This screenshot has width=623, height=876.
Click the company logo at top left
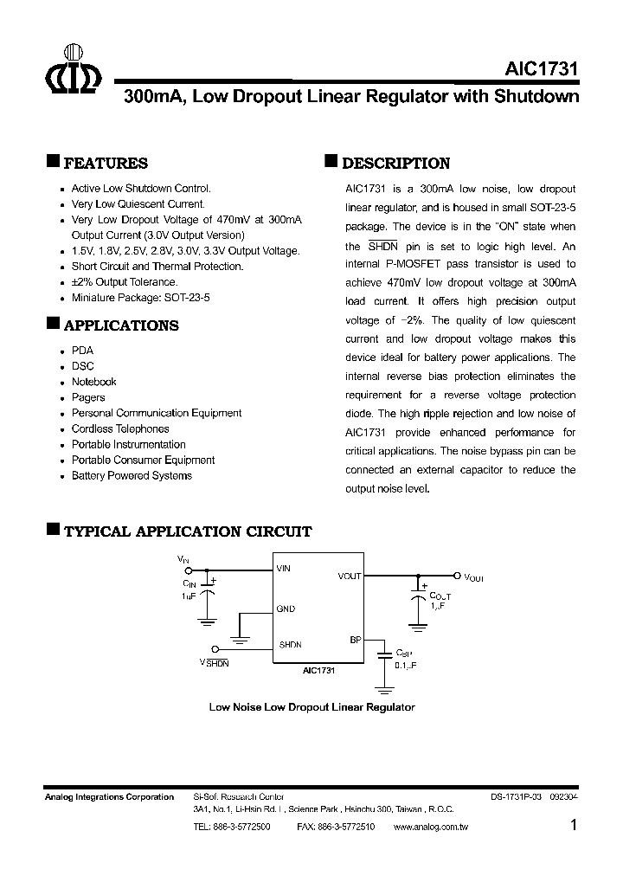[73, 71]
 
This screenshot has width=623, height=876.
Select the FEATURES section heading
[106, 164]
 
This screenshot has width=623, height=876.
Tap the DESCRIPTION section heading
[395, 164]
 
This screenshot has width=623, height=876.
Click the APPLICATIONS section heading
[121, 325]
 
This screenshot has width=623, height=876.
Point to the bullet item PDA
[82, 351]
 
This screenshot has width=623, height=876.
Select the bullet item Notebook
[93, 382]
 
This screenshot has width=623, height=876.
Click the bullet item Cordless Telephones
[120, 428]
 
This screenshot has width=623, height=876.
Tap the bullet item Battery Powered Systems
[132, 475]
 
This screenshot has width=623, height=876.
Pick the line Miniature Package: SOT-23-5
[140, 297]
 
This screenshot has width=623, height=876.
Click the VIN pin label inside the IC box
[284, 569]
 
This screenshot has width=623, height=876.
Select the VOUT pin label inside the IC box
[350, 576]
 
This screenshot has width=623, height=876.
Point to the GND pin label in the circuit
[286, 609]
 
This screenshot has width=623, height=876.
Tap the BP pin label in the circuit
[355, 640]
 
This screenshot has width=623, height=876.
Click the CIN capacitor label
[189, 584]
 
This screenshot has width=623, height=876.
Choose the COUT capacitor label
[440, 596]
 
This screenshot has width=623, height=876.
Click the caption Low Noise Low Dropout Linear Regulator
[311, 707]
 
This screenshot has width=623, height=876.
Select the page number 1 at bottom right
[574, 825]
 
